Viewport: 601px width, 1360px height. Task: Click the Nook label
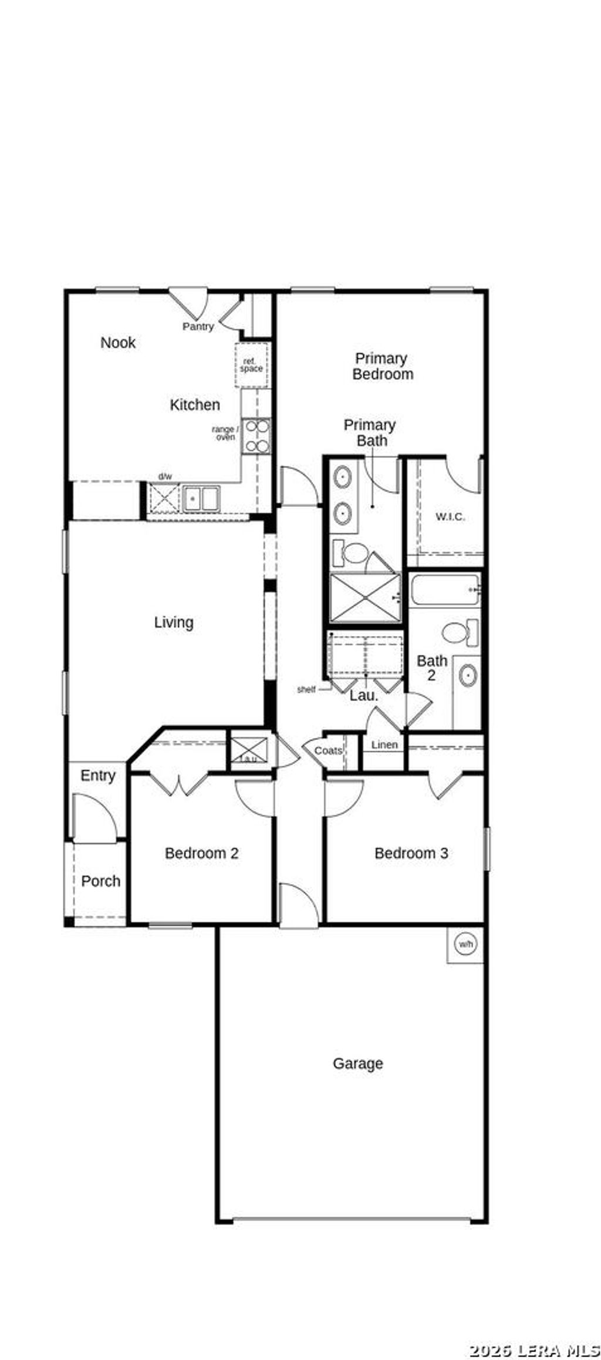[118, 343]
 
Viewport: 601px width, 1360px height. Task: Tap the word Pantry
[198, 327]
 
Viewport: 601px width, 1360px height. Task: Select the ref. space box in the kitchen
[252, 366]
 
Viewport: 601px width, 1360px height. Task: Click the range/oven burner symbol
[257, 437]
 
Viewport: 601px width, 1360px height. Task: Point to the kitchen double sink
[201, 499]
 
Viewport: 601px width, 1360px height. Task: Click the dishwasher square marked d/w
[164, 499]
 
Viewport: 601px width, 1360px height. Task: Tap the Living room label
[174, 623]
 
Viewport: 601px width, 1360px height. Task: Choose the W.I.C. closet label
[450, 517]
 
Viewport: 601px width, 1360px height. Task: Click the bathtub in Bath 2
[445, 590]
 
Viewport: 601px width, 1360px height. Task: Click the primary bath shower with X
[365, 598]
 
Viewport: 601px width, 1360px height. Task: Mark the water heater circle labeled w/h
[465, 945]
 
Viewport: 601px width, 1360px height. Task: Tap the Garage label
[358, 1064]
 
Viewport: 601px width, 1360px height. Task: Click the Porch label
[100, 881]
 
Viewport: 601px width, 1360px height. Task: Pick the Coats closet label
[328, 751]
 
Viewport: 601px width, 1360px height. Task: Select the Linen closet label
[384, 745]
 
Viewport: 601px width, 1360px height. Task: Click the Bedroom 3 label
[411, 853]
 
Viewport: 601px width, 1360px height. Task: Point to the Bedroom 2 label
[201, 853]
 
